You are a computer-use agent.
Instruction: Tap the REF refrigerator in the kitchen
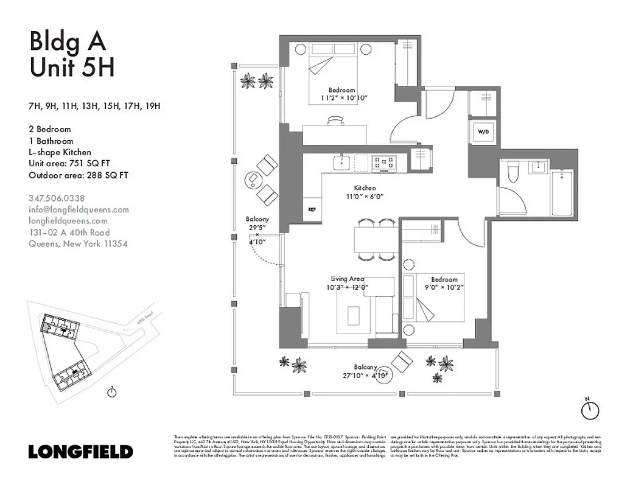(x=312, y=209)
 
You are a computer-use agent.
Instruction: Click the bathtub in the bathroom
(x=562, y=192)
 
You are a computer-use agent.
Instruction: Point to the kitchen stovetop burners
(x=384, y=163)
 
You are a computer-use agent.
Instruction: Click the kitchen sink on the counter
(x=341, y=163)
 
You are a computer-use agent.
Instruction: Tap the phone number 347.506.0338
(x=57, y=198)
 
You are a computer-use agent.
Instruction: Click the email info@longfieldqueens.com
(x=79, y=209)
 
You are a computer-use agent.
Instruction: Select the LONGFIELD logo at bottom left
(x=80, y=452)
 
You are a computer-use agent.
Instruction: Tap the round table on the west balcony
(x=252, y=180)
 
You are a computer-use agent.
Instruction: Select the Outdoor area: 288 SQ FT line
(x=79, y=175)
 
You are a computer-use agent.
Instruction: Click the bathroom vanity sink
(x=539, y=166)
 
